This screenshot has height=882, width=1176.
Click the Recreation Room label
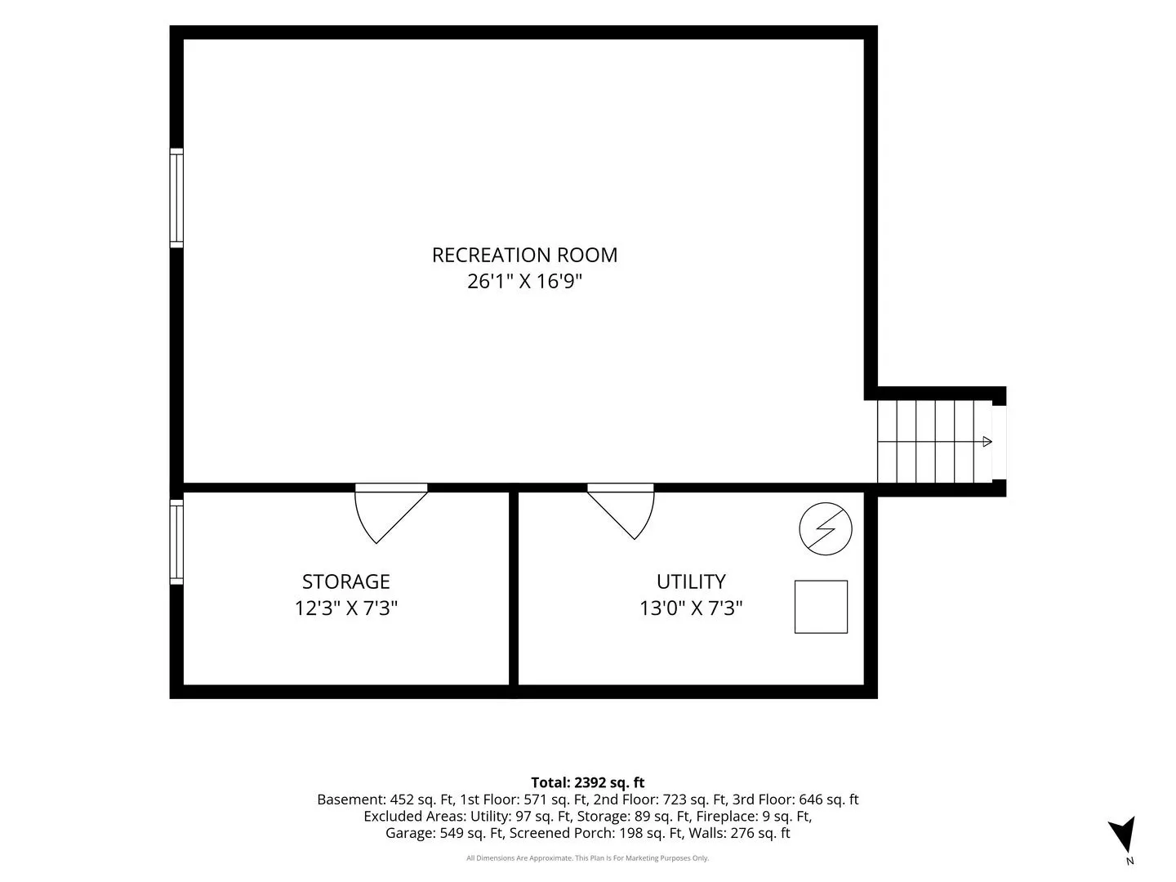pyautogui.click(x=524, y=255)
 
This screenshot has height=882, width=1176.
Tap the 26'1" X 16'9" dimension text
pyautogui.click(x=524, y=281)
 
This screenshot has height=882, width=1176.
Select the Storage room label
pyautogui.click(x=345, y=581)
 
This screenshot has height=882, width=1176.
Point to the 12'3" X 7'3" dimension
pyautogui.click(x=346, y=608)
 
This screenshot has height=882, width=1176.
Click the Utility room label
pyautogui.click(x=691, y=581)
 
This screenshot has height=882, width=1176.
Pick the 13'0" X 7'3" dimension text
pyautogui.click(x=691, y=608)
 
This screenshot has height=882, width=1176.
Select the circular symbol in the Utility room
pyautogui.click(x=826, y=528)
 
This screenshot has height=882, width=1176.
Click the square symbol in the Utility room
pyautogui.click(x=821, y=607)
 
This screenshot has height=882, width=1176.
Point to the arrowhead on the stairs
pyautogui.click(x=987, y=442)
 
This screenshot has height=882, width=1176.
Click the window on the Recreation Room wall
pyautogui.click(x=176, y=198)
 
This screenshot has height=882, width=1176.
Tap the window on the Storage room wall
pyautogui.click(x=176, y=542)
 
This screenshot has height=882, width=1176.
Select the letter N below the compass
pyautogui.click(x=1130, y=862)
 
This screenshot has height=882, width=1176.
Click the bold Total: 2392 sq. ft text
pyautogui.click(x=588, y=783)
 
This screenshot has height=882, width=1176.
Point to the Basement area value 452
pyautogui.click(x=403, y=800)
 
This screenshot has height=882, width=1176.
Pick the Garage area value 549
pyautogui.click(x=452, y=833)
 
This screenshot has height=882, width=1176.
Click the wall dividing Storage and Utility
pyautogui.click(x=514, y=589)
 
